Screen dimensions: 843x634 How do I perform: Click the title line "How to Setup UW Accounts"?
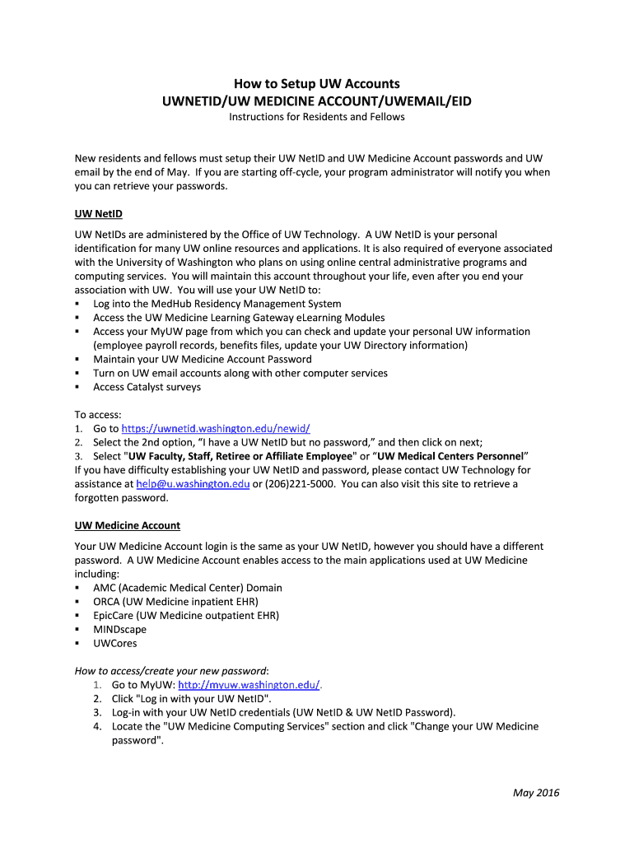pyautogui.click(x=316, y=83)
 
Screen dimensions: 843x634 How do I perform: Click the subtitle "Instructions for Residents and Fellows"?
pyautogui.click(x=316, y=117)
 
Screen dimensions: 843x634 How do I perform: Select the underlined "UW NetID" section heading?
pyautogui.click(x=98, y=214)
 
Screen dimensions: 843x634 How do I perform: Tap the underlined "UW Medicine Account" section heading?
pyautogui.click(x=127, y=525)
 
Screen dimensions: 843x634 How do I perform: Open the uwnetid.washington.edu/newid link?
pyautogui.click(x=216, y=429)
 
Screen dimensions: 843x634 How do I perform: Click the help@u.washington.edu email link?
pyautogui.click(x=193, y=484)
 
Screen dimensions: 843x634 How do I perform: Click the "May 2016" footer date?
pyautogui.click(x=536, y=793)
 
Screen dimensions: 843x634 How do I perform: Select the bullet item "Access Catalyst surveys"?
pyautogui.click(x=147, y=387)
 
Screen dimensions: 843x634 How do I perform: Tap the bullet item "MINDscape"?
pyautogui.click(x=119, y=630)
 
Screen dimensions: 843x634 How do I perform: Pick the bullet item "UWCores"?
pyautogui.click(x=114, y=644)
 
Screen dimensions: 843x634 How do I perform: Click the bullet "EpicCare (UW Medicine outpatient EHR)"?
pyautogui.click(x=186, y=616)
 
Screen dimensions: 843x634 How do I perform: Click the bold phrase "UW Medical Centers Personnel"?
pyautogui.click(x=451, y=456)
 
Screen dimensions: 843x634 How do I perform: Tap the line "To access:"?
pyautogui.click(x=98, y=415)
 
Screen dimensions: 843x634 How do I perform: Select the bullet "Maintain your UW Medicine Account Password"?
pyautogui.click(x=202, y=359)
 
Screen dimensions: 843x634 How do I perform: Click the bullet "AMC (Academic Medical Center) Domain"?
pyautogui.click(x=187, y=588)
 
